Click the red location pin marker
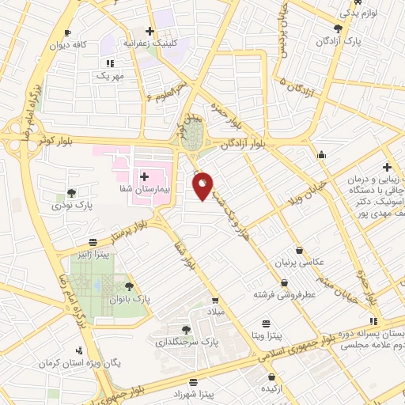pos(203,185)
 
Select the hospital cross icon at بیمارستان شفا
pos(143,177)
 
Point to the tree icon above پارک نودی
pos(72,192)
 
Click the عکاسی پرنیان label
pos(293,262)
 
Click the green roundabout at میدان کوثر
pos(195,131)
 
